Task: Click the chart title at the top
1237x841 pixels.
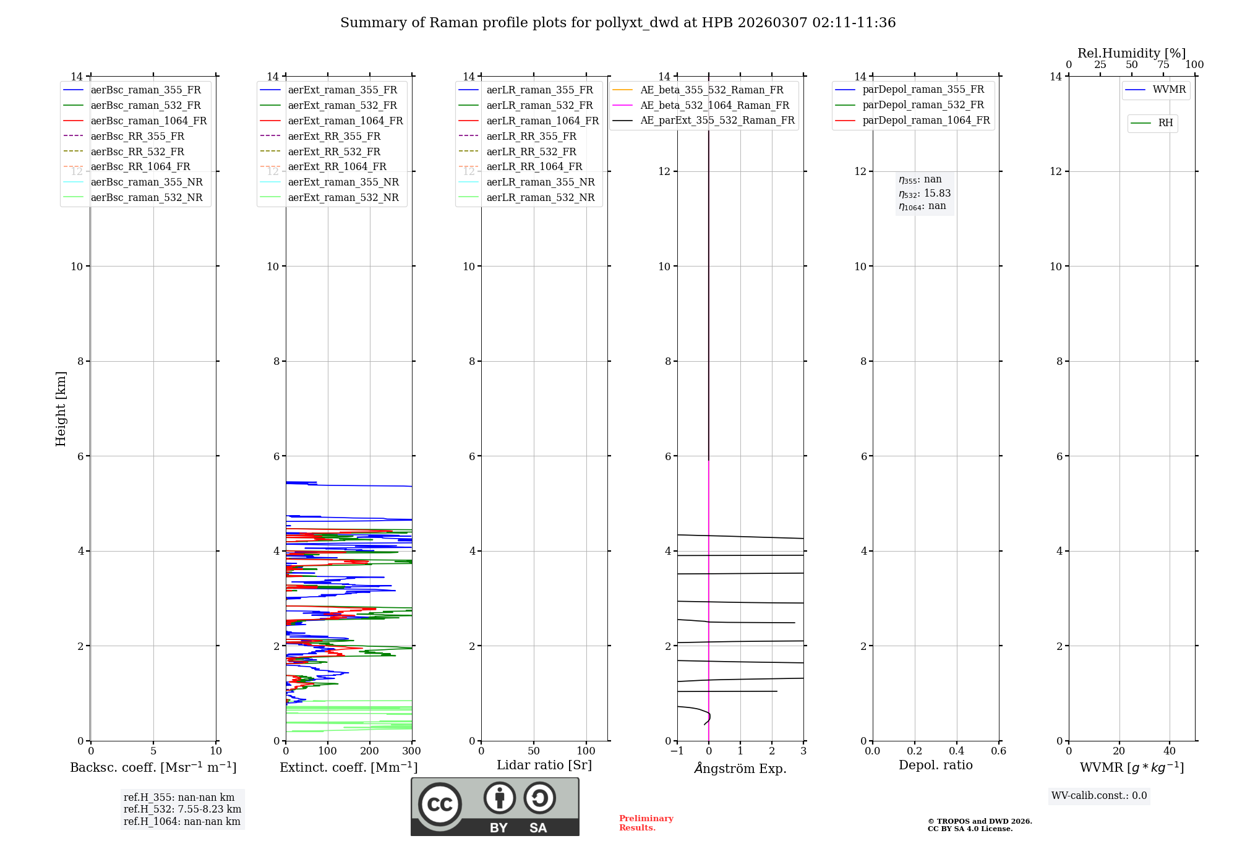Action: (x=618, y=23)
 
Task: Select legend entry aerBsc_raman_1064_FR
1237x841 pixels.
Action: (x=148, y=121)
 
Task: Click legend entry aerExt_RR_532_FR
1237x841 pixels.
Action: (x=334, y=152)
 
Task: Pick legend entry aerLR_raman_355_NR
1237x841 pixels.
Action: (x=540, y=182)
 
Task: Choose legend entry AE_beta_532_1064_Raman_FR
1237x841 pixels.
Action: (x=714, y=105)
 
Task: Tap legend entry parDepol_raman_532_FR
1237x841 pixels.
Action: (x=923, y=105)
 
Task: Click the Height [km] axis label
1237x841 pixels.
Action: (x=61, y=408)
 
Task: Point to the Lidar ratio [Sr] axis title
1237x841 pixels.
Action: (x=544, y=765)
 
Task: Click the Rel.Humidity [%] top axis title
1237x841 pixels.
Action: (x=1131, y=53)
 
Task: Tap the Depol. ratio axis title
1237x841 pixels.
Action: (x=935, y=765)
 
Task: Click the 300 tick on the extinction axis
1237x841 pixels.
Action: (x=411, y=751)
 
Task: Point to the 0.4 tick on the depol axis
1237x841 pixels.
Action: (x=957, y=751)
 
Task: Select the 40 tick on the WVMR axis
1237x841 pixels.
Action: (x=1169, y=751)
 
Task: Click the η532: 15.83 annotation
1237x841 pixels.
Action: (x=925, y=193)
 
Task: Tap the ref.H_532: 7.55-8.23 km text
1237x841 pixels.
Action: (x=182, y=809)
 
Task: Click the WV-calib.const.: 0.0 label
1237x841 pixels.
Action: (x=1099, y=796)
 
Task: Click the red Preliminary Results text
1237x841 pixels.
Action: (x=646, y=822)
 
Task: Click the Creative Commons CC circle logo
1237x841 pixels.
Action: (x=440, y=804)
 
